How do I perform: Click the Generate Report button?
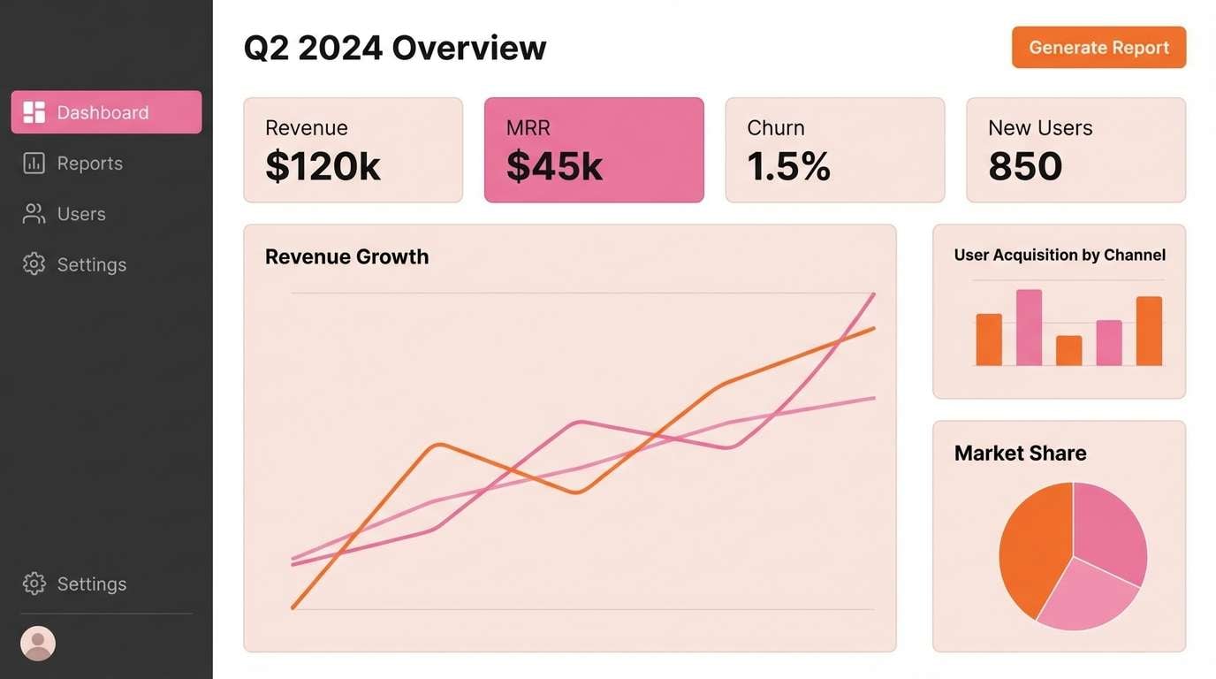pos(1098,48)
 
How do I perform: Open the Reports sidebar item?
pos(89,164)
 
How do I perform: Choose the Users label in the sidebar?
pos(81,214)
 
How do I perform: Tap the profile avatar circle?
pos(38,644)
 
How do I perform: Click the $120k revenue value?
pos(323,166)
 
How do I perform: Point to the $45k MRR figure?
pos(554,166)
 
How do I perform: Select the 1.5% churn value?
pos(788,166)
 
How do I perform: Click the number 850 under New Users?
pos(1025,166)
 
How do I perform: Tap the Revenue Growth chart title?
pos(346,257)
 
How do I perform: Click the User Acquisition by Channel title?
pos(1060,256)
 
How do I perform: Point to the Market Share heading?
pos(1020,454)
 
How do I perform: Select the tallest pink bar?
pos(1029,328)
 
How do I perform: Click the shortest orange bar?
pos(1068,351)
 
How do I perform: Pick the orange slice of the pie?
pos(1032,548)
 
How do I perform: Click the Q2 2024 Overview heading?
pos(395,48)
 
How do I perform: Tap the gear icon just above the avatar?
pos(34,584)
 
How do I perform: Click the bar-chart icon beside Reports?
pos(34,164)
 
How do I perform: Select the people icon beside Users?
pos(34,214)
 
